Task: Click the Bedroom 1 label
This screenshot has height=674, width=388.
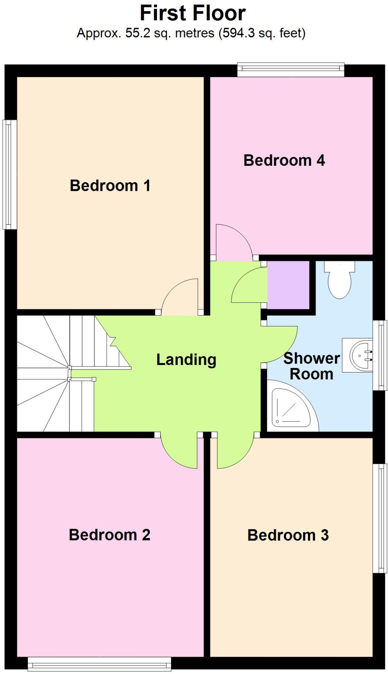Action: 110,186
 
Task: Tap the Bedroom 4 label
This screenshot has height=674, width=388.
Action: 284,160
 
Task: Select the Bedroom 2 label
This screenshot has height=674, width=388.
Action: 109,535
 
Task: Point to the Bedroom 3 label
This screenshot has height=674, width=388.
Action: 288,535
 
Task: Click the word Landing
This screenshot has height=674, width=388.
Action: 186,359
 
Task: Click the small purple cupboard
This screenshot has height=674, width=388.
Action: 288,285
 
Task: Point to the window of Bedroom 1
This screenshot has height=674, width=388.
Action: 10,174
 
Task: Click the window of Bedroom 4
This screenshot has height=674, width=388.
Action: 291,69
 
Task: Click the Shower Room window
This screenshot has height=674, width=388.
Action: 380,355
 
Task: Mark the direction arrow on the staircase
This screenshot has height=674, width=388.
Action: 113,341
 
